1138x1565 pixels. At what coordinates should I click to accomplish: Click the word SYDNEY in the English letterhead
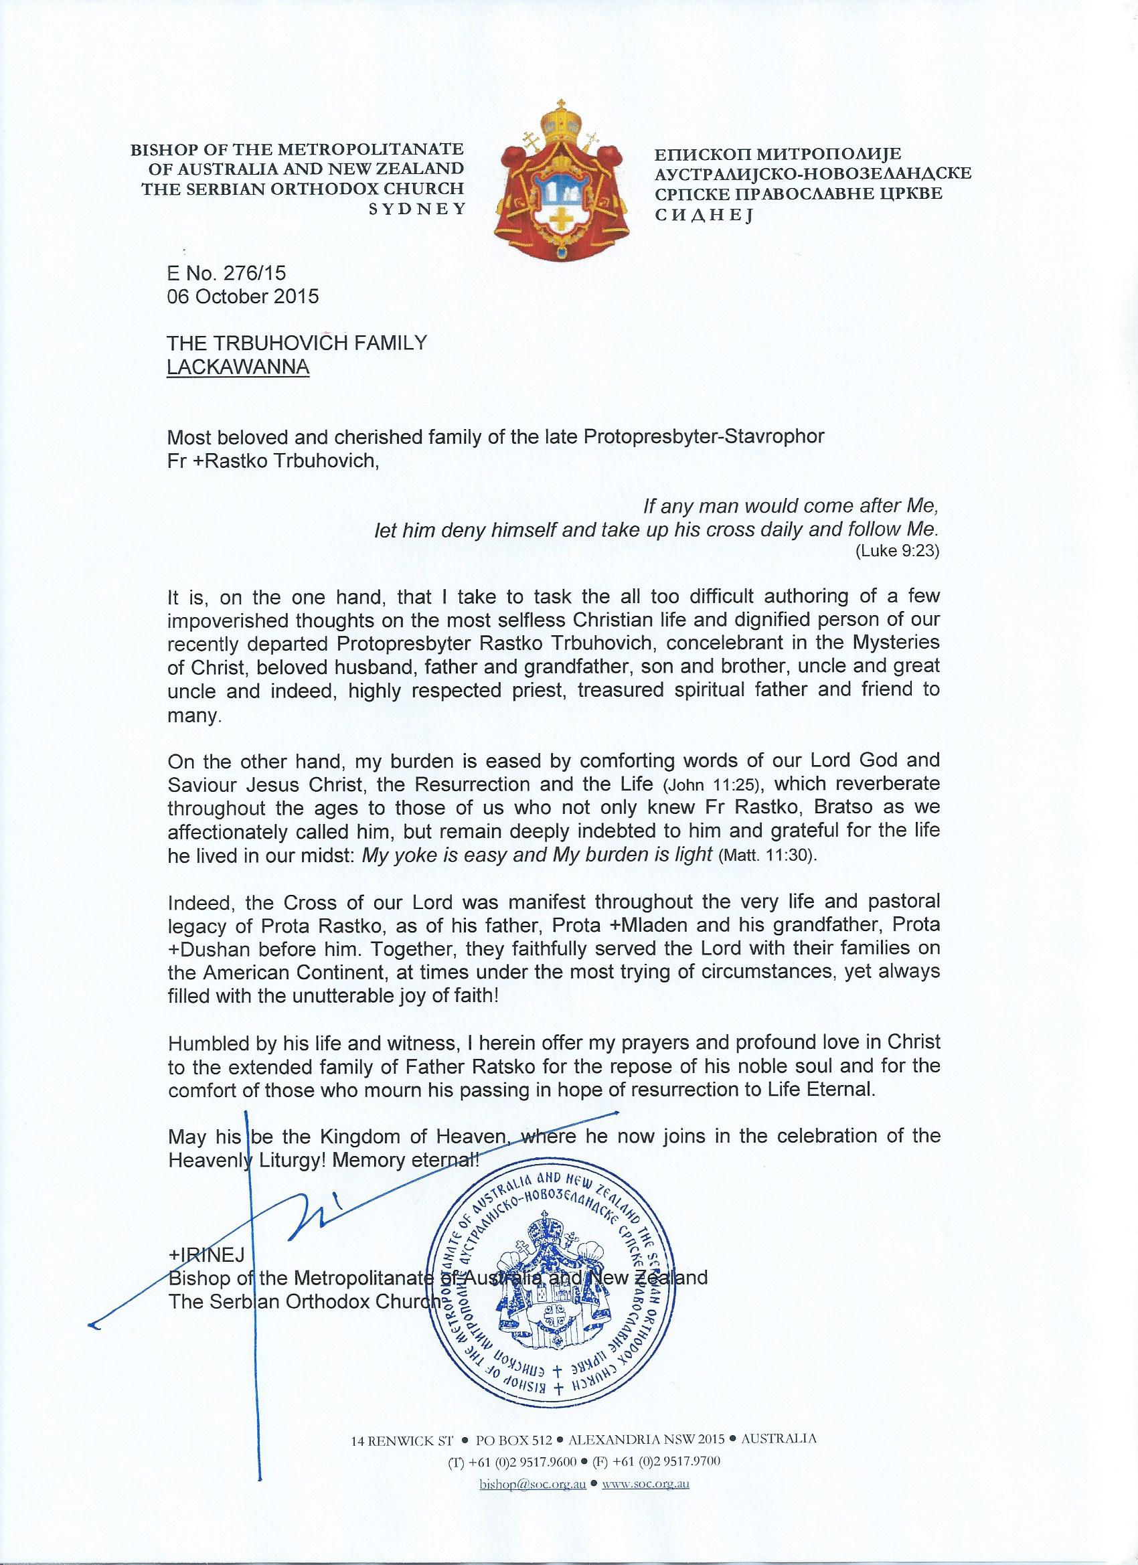(417, 210)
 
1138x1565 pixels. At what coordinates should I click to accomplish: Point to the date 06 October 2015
(243, 297)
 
